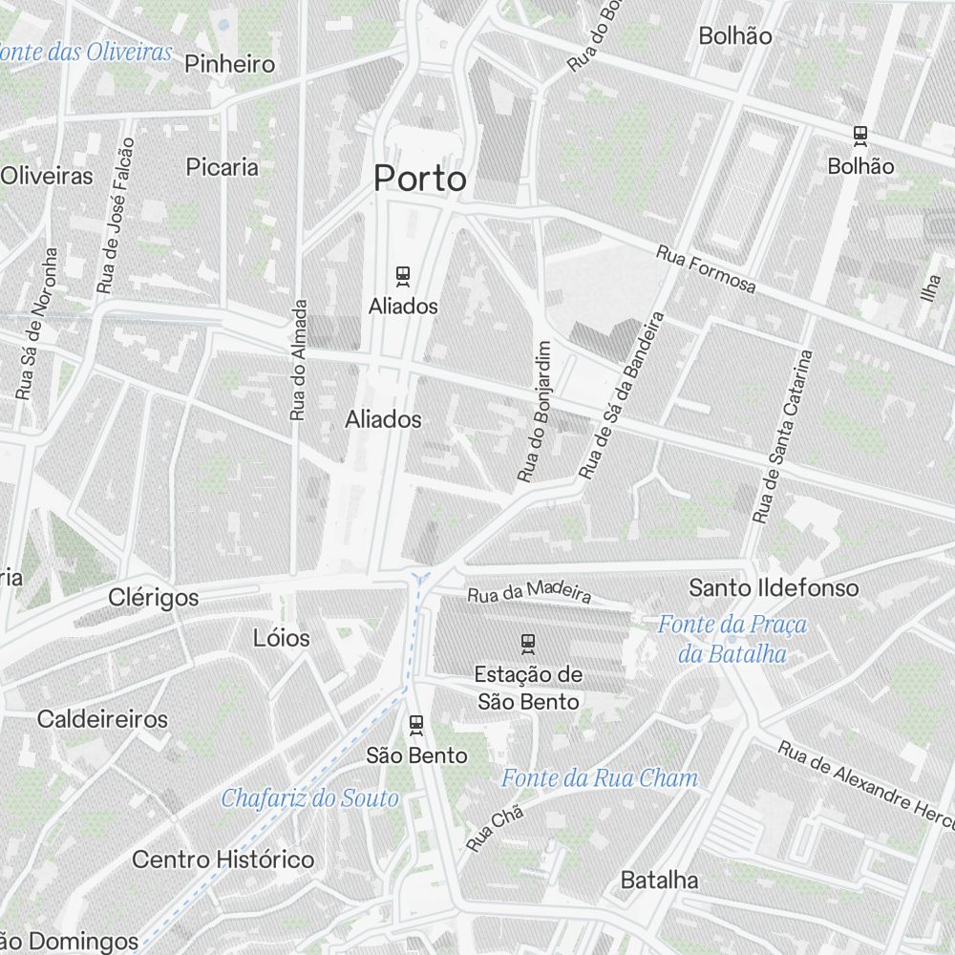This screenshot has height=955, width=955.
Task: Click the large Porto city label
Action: point(420,179)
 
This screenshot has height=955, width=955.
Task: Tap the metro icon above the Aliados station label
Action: point(403,277)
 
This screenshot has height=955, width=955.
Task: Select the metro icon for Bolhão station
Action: point(860,136)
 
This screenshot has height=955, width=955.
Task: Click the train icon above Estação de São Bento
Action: point(527,643)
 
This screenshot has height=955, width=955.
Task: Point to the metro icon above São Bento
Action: point(416,724)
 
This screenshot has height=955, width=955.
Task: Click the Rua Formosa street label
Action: point(706,270)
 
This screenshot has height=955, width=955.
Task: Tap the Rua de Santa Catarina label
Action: point(782,437)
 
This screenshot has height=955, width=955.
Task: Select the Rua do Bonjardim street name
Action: point(534,412)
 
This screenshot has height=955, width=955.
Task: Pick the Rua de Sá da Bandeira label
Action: point(621,395)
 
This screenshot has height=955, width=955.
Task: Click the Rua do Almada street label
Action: point(298,360)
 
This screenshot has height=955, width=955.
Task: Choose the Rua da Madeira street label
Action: point(529,591)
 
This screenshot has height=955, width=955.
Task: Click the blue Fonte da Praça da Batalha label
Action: point(732,639)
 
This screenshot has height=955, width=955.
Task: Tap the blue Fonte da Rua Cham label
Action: point(600,778)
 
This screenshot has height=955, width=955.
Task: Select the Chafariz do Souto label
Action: point(309,798)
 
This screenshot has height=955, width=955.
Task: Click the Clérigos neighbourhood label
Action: point(154,598)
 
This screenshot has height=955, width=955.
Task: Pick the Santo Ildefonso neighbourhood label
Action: point(774,587)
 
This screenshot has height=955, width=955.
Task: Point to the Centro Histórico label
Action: point(223,859)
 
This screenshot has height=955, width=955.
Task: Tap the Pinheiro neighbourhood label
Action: point(230,65)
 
